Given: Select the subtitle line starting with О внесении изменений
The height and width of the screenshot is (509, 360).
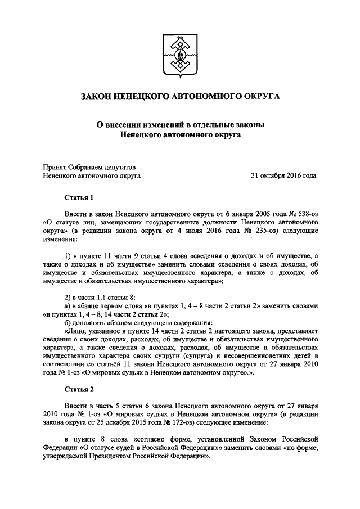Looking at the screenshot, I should (x=179, y=125).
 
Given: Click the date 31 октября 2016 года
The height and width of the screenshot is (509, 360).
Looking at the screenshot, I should (x=283, y=175).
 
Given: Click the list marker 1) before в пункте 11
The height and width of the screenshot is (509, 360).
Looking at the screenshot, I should (x=67, y=256).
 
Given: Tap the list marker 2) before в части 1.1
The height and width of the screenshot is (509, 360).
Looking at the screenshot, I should (x=67, y=297).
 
